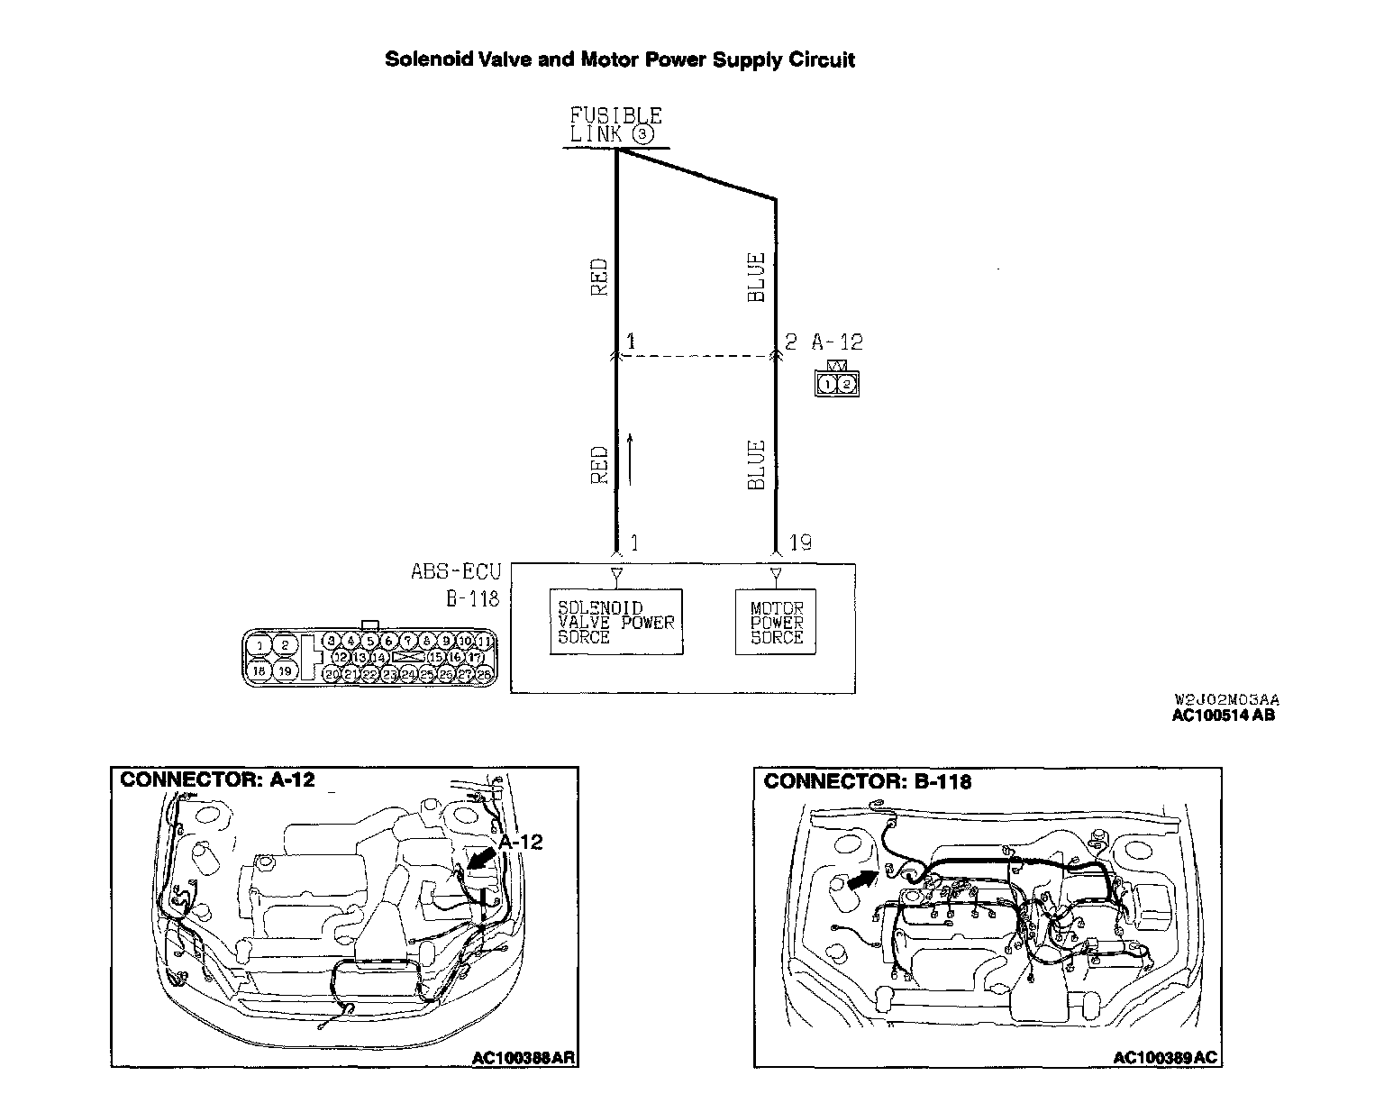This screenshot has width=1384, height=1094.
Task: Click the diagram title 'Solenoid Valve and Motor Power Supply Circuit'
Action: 620,59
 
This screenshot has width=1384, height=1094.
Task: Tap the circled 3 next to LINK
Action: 642,134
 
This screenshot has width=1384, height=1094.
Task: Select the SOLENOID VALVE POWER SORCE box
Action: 616,622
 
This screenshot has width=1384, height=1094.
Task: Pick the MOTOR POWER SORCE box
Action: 776,622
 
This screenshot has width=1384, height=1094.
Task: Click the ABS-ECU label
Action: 455,571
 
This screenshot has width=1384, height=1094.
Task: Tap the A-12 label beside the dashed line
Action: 836,342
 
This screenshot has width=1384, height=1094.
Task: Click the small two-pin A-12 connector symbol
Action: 836,383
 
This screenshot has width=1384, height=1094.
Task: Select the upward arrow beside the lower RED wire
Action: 630,459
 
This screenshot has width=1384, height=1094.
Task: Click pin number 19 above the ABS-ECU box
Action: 799,542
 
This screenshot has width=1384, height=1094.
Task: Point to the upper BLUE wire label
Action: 757,277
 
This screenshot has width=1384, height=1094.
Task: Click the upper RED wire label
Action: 599,278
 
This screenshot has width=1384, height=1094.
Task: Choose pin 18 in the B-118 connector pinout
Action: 259,670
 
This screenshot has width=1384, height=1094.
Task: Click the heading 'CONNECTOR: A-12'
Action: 217,779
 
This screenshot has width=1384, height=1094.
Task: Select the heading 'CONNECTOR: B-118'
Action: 867,781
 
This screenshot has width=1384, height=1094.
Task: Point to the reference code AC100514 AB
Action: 1223,716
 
